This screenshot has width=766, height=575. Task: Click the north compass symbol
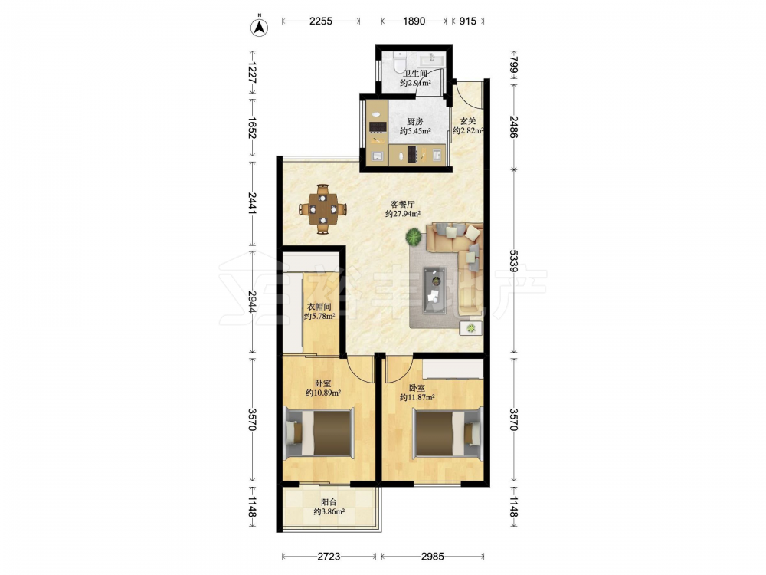(260, 28)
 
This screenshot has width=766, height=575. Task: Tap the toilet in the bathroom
(400, 61)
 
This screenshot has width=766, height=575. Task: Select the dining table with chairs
(322, 209)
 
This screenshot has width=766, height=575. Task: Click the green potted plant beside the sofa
(414, 238)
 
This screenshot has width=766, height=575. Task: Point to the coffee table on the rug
(434, 290)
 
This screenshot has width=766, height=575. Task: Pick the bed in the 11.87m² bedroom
(448, 433)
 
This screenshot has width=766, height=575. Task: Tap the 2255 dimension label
(321, 21)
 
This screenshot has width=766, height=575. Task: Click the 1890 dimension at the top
(414, 21)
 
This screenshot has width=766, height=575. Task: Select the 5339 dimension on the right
(513, 261)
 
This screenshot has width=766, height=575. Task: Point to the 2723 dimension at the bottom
(329, 557)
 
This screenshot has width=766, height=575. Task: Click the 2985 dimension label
(432, 557)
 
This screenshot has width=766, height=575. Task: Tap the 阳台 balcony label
(329, 502)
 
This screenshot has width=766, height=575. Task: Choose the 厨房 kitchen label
(414, 122)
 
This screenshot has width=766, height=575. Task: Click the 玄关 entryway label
(468, 121)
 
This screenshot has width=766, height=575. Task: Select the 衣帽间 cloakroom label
(319, 307)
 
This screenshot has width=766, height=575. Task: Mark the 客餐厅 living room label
(403, 204)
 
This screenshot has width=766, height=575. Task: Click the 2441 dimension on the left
(252, 202)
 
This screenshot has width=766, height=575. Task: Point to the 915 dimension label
(467, 21)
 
